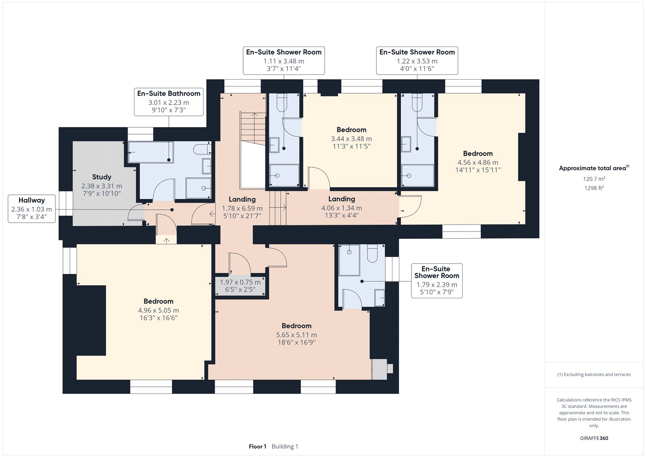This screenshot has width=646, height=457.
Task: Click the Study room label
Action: [101, 177]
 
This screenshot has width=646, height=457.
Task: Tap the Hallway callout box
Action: [32, 209]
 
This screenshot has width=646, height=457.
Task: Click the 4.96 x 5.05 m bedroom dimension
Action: [158, 310]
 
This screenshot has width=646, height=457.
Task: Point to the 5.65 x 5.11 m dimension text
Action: [296, 335]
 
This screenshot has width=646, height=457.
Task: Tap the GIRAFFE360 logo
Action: [594, 438]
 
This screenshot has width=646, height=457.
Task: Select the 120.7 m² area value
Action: [594, 179]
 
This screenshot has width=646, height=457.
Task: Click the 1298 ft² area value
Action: [594, 188]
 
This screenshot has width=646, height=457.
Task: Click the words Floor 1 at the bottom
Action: [258, 446]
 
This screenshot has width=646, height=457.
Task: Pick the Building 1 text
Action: [285, 446]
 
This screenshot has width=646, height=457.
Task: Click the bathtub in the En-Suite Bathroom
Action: [151, 152]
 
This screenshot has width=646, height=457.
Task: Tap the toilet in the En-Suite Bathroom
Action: [202, 149]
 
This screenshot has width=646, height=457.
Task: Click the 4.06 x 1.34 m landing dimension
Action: [342, 208]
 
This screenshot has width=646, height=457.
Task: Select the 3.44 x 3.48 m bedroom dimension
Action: [351, 139]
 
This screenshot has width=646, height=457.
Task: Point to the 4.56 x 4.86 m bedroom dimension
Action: [478, 162]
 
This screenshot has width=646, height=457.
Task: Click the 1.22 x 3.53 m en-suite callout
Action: [417, 61]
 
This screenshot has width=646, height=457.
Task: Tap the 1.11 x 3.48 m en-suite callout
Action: [284, 61]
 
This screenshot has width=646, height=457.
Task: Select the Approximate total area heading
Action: [594, 168]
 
